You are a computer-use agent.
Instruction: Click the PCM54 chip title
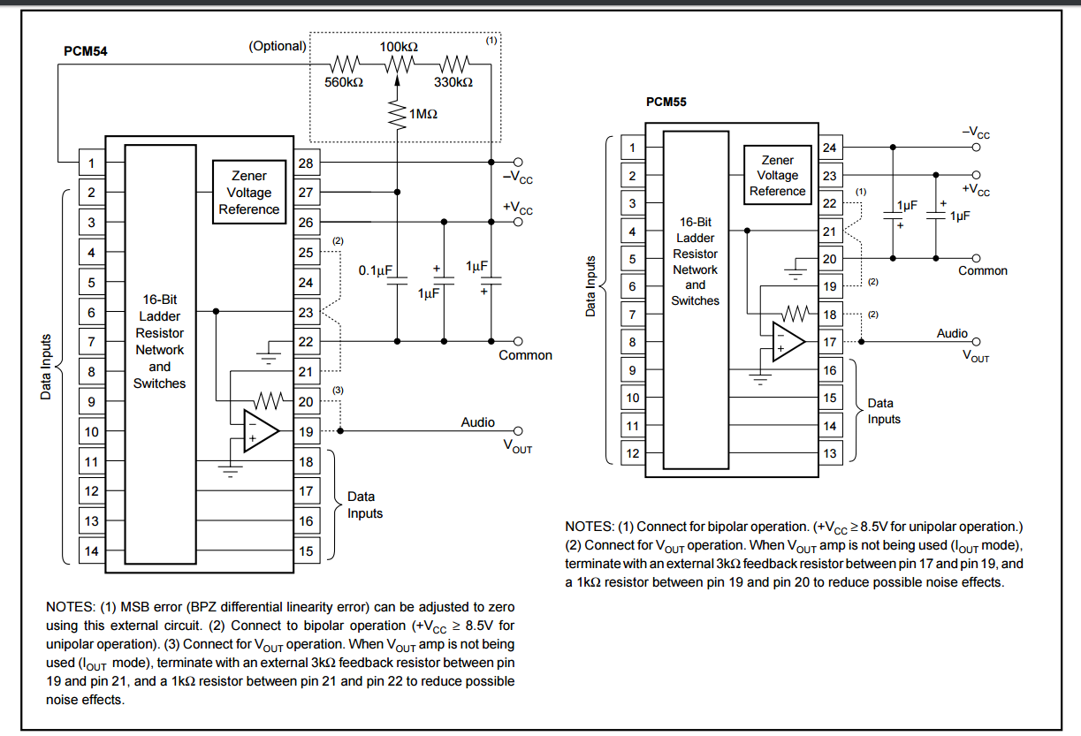click(85, 51)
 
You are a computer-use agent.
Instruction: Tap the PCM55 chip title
click(666, 102)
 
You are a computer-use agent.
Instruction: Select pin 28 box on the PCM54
click(305, 163)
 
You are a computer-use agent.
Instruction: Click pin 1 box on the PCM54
click(91, 163)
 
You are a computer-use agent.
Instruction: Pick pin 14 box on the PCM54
click(91, 550)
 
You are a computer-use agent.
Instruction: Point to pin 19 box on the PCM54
click(305, 431)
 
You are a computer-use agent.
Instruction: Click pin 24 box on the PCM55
click(828, 148)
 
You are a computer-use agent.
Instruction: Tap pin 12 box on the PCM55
click(632, 453)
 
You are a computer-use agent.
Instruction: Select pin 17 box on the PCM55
click(828, 342)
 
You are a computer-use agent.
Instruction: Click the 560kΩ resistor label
click(344, 81)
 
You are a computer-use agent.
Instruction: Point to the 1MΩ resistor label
click(423, 114)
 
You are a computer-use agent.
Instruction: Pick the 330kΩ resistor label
click(453, 81)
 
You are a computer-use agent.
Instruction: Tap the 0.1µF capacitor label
click(375, 270)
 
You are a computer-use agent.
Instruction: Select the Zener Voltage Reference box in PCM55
click(777, 175)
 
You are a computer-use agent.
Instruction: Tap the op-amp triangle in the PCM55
click(787, 342)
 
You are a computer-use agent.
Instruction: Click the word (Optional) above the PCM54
click(278, 45)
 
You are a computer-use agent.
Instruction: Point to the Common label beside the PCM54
click(525, 355)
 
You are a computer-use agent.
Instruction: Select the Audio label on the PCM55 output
click(952, 333)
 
